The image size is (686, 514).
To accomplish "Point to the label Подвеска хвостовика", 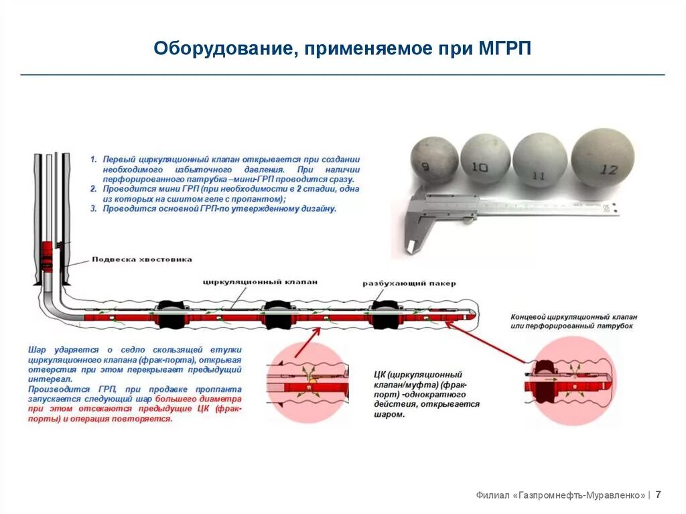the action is (142, 259).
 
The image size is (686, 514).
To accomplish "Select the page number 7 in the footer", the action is (659, 495).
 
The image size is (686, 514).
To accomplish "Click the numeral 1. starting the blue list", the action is (94, 159).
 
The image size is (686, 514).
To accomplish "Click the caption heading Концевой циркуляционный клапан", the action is (573, 316).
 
